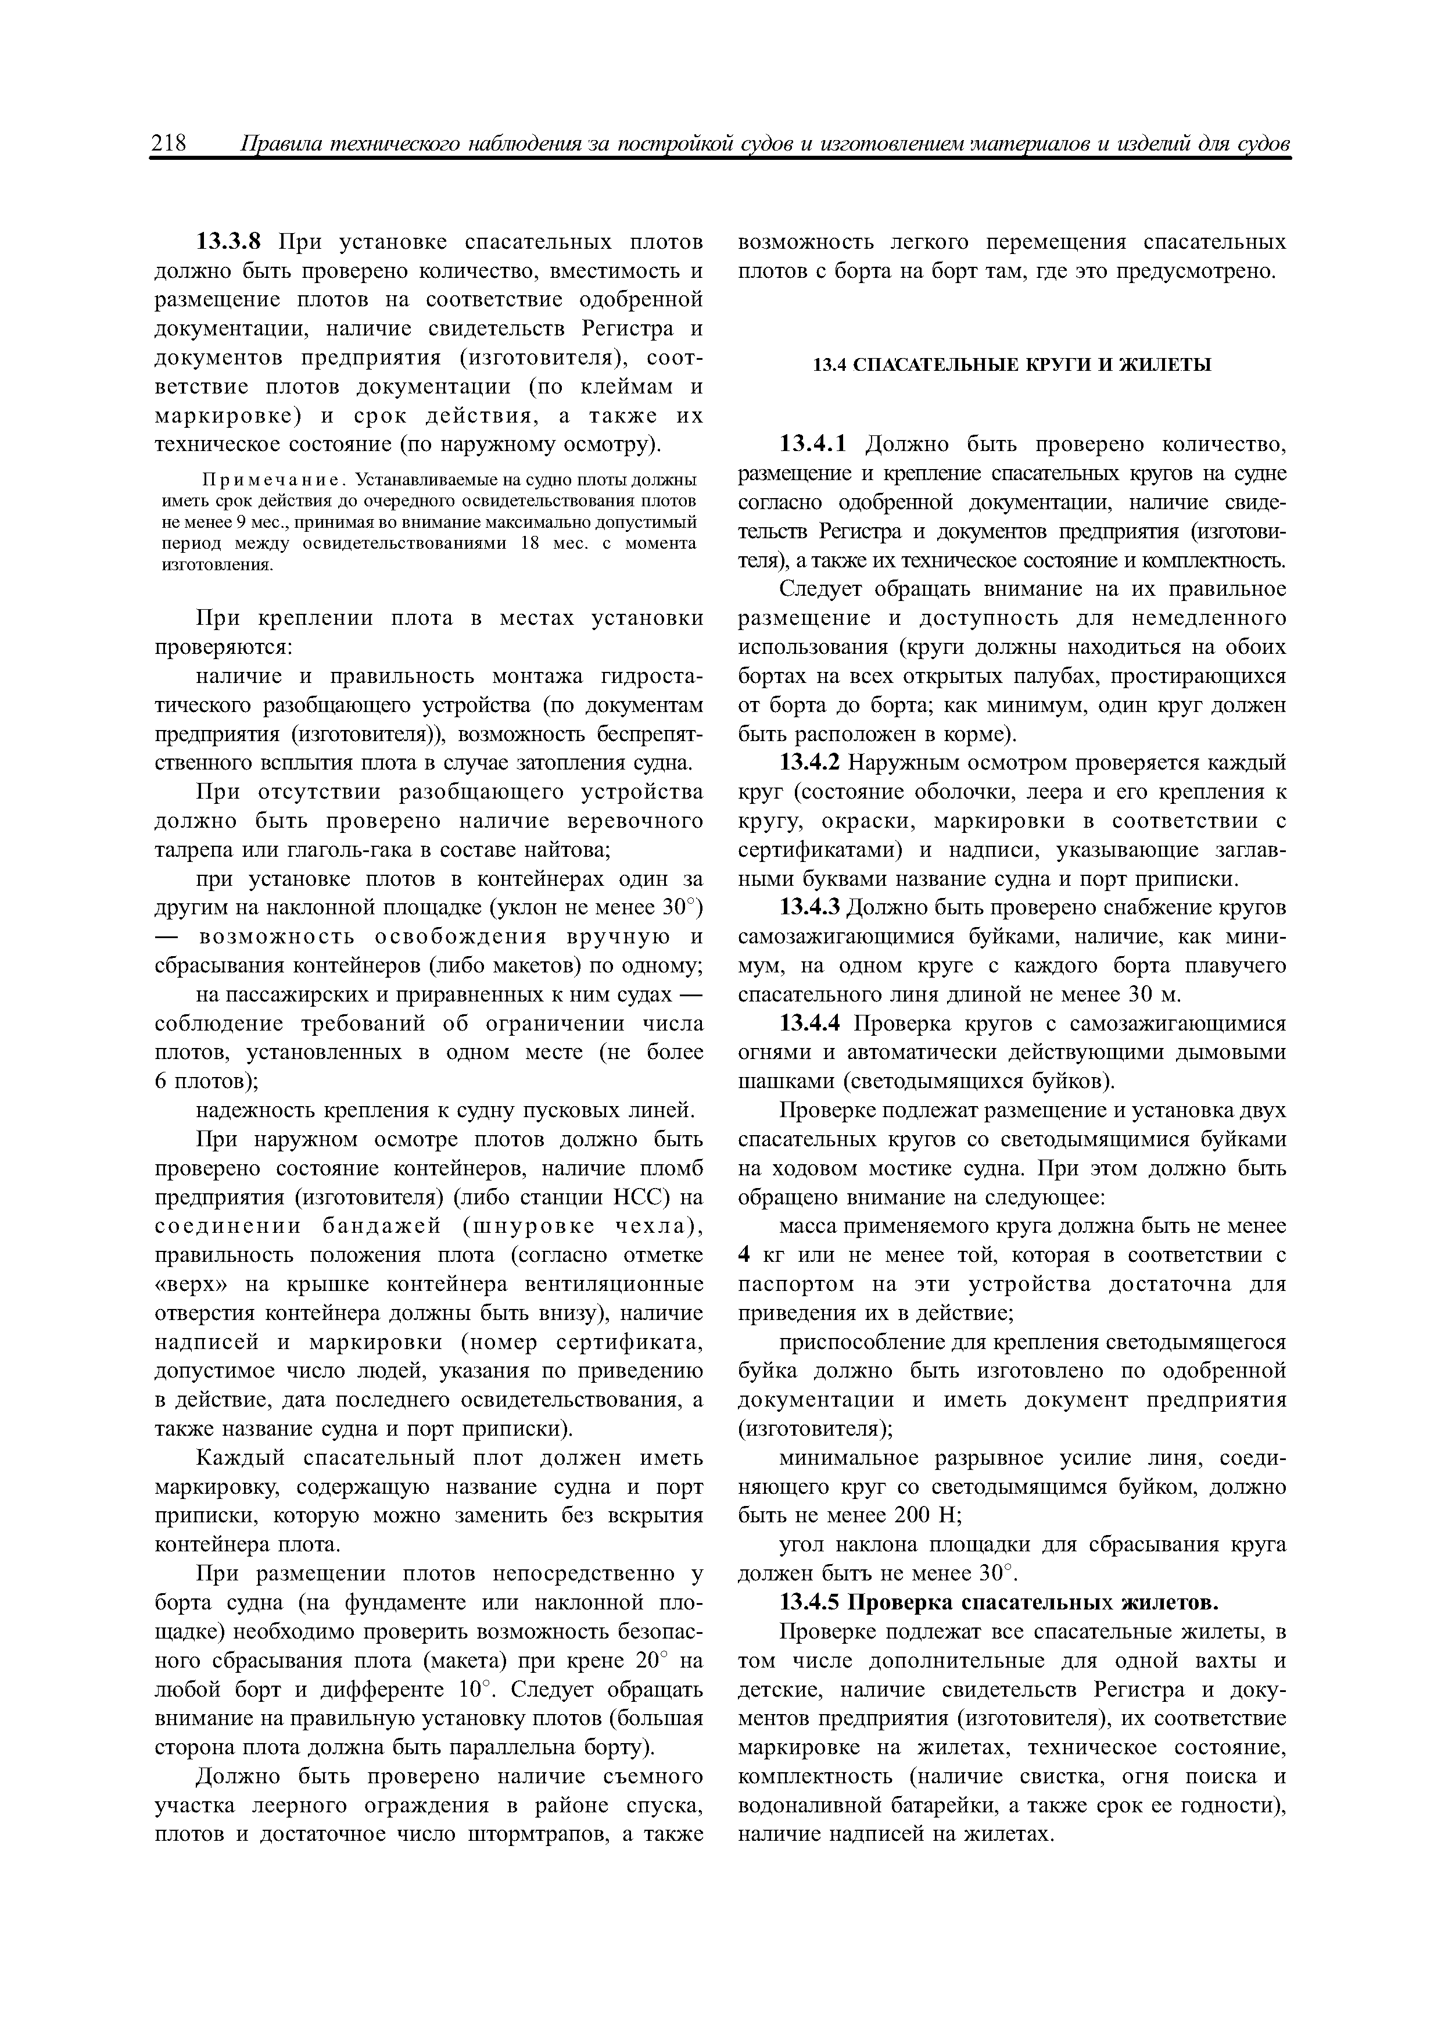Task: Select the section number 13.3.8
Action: click(232, 242)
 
